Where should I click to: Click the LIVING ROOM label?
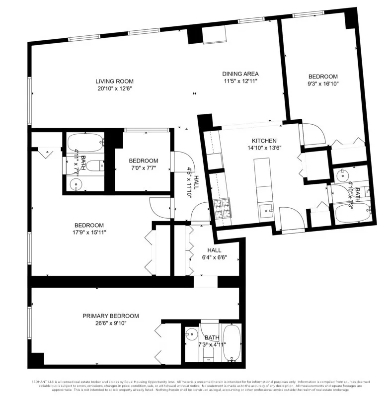(115, 81)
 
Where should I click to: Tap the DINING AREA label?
(240, 74)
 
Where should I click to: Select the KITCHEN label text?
(264, 141)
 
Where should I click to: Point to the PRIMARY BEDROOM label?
(110, 316)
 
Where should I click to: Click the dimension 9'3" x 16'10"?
(323, 83)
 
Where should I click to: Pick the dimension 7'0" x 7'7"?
(143, 167)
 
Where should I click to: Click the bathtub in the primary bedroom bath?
(232, 343)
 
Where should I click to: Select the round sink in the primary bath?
(191, 334)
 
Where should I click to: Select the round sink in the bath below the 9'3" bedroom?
(342, 175)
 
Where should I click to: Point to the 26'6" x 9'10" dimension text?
(110, 323)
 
